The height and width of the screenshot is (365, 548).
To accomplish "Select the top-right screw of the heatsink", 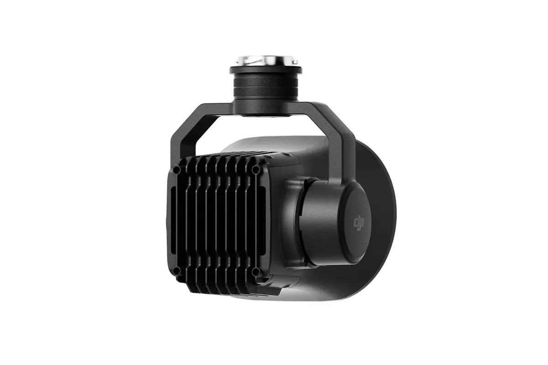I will (x=256, y=169).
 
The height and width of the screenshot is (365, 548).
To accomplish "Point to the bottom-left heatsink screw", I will (x=177, y=271).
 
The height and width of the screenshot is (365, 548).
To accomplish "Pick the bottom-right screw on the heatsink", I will (x=256, y=272).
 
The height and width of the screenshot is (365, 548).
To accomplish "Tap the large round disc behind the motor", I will (x=384, y=201).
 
